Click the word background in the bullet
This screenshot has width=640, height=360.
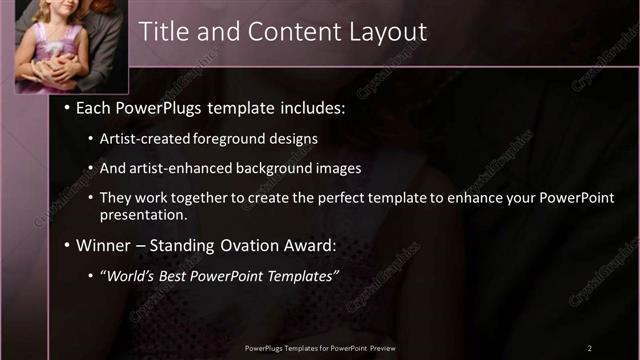pyautogui.click(x=274, y=169)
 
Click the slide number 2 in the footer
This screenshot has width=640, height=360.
pyautogui.click(x=589, y=348)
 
